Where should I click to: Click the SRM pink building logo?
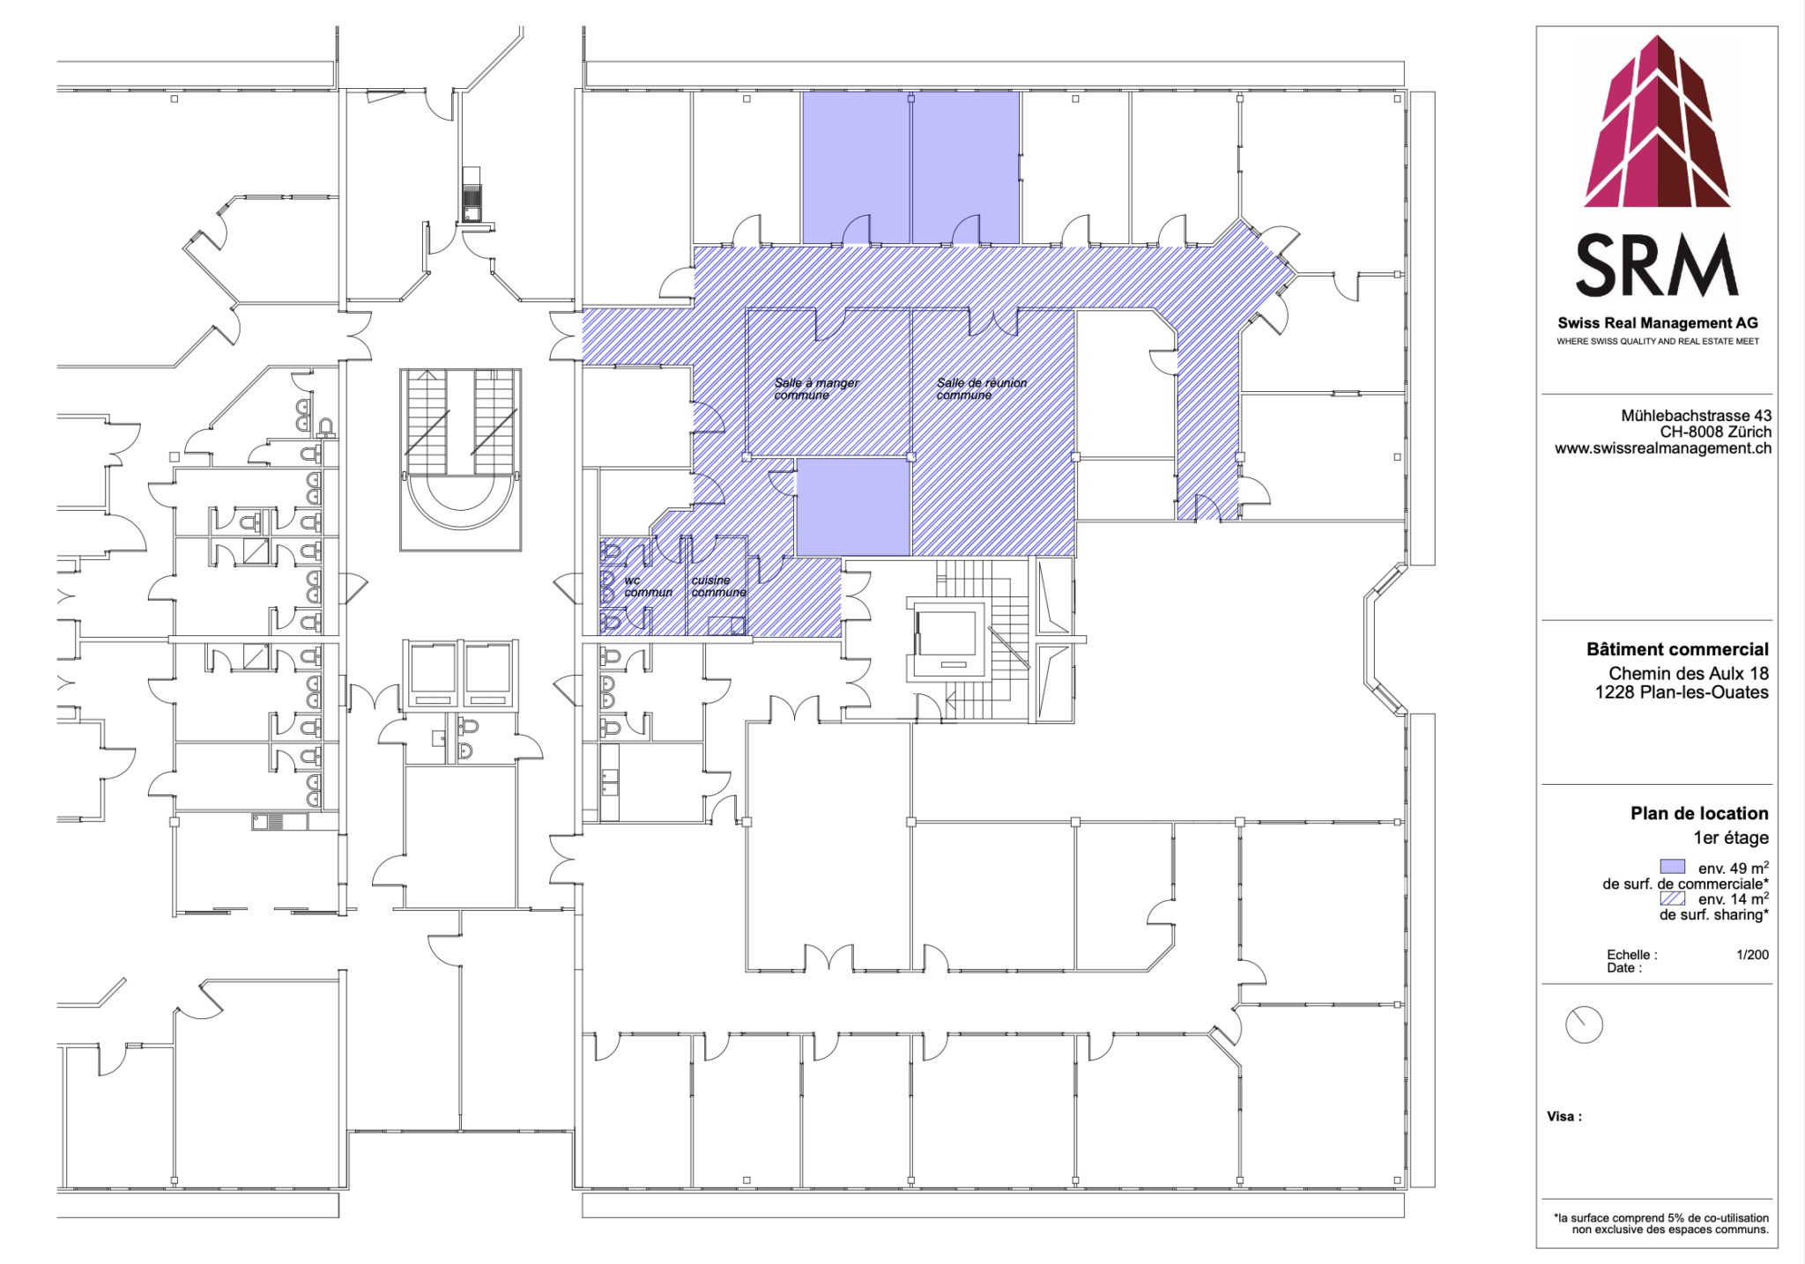coord(1657,123)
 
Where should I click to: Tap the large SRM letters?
coord(1657,265)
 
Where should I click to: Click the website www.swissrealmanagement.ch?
coord(1662,448)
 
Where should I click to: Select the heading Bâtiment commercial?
coord(1677,650)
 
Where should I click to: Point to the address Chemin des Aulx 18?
coord(1688,674)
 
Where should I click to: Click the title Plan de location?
coord(1698,813)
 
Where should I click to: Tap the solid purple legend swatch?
coord(1672,867)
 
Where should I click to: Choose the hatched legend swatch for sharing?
coord(1672,898)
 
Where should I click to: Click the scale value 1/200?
coord(1752,955)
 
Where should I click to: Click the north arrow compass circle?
coord(1584,1025)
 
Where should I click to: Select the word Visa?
coord(1564,1117)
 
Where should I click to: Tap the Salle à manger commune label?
coord(815,388)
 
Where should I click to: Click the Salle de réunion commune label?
coord(981,388)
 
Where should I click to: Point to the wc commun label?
coord(647,587)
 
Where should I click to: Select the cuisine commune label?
coord(717,587)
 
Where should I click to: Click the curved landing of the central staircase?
coord(460,502)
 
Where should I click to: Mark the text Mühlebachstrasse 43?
coord(1696,416)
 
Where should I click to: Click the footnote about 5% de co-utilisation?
coord(1660,1223)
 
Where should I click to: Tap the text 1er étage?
coord(1730,838)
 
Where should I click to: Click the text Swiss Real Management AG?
coord(1657,323)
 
